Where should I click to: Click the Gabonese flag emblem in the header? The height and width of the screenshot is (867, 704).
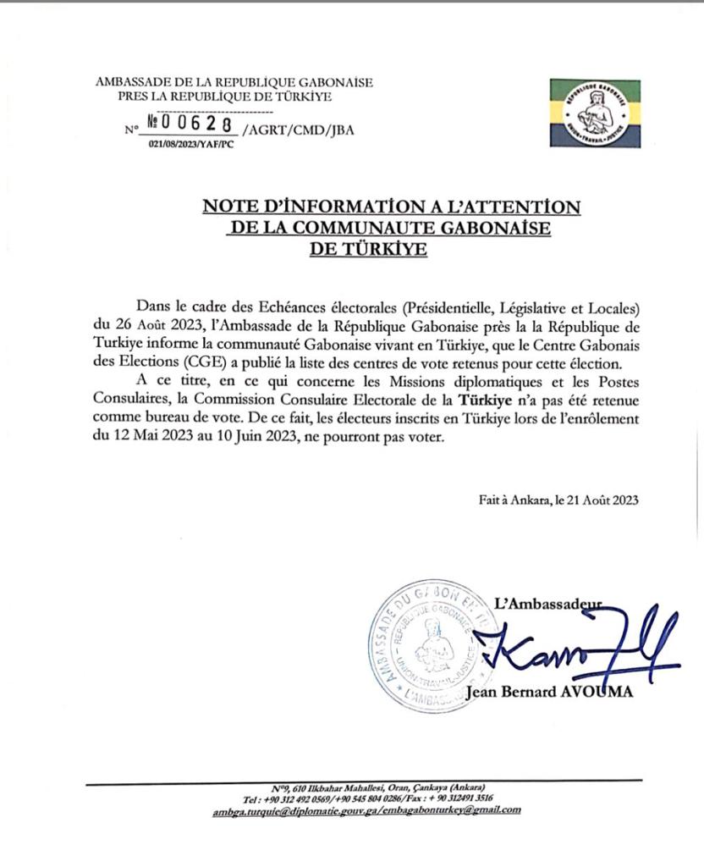click(x=595, y=113)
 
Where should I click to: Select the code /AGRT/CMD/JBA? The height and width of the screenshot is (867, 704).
click(x=285, y=130)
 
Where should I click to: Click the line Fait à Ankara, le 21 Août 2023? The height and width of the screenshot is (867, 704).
click(x=558, y=500)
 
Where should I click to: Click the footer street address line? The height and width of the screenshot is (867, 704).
click(x=366, y=787)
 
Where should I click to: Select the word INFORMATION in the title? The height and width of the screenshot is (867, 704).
click(x=335, y=207)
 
